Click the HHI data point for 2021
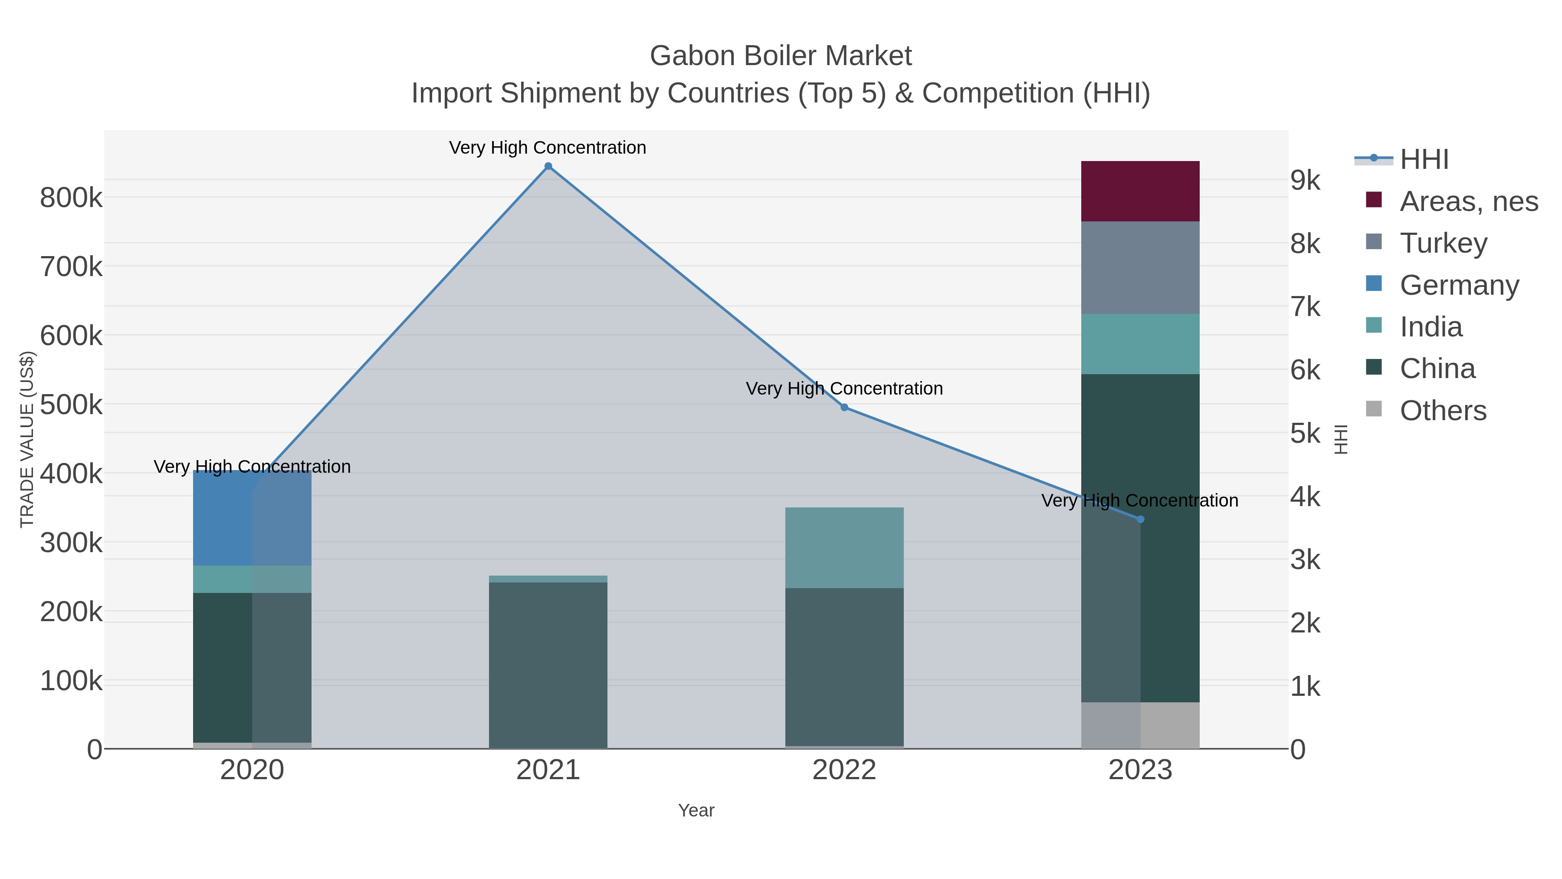(x=548, y=166)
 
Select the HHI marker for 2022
(x=844, y=408)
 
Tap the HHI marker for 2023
(x=1140, y=519)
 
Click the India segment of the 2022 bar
(x=844, y=547)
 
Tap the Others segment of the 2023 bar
(x=1140, y=725)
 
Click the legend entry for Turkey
(x=1443, y=243)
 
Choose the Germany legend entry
(x=1459, y=285)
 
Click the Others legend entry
(x=1443, y=411)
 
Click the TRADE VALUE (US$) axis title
(x=27, y=439)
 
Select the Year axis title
(x=696, y=810)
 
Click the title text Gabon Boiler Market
(x=781, y=56)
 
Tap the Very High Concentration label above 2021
(x=548, y=148)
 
